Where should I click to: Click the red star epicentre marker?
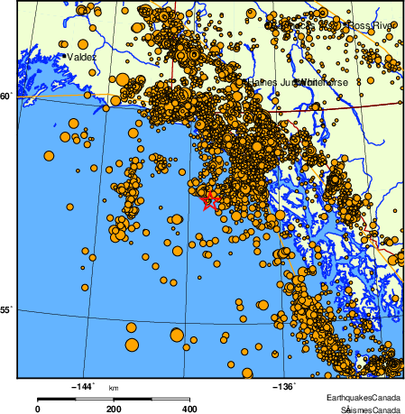click(x=210, y=200)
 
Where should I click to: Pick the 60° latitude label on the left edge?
click(x=5, y=96)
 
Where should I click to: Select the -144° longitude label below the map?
click(x=82, y=386)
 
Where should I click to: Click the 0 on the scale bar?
click(x=37, y=409)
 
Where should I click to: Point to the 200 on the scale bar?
click(x=114, y=409)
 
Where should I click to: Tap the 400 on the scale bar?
click(x=189, y=409)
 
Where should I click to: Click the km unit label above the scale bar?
click(x=114, y=388)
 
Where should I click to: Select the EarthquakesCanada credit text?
click(x=364, y=398)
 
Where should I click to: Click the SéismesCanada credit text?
click(x=369, y=409)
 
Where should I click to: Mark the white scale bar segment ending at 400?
click(x=152, y=398)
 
